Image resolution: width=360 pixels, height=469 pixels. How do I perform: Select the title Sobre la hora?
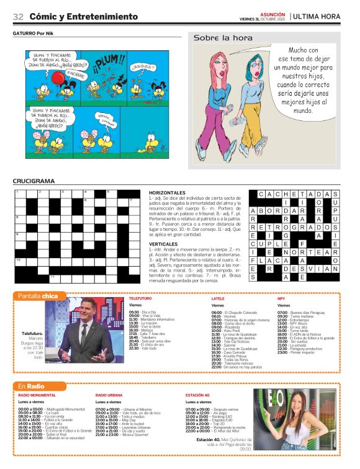coord(218,38)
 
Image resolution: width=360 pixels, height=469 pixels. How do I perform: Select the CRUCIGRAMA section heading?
coord(34,181)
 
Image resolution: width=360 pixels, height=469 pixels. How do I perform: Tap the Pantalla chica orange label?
coord(38,296)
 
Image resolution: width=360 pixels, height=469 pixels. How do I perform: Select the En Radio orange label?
coord(31,386)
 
